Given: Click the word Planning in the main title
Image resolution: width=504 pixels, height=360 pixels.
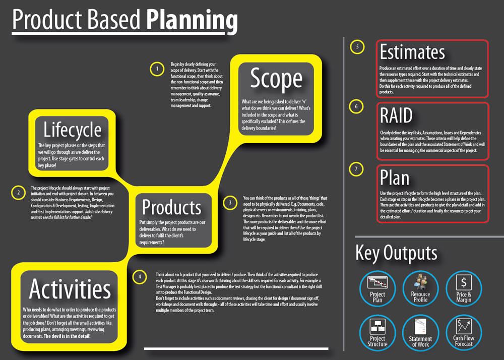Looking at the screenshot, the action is point(192,20).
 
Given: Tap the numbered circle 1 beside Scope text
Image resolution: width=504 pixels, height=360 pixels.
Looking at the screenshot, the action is point(157,69).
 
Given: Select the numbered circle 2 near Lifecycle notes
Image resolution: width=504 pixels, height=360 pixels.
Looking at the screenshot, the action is point(18,193).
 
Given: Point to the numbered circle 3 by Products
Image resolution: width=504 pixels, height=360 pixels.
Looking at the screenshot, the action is point(230,203).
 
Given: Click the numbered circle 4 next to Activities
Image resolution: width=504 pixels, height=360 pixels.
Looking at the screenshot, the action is point(140,277).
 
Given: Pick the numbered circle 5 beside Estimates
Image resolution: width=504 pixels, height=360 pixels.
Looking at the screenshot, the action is point(357,47).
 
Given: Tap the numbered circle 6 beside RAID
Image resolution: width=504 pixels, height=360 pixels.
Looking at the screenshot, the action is point(356,106).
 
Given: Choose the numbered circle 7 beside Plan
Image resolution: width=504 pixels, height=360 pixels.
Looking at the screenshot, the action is point(356,169).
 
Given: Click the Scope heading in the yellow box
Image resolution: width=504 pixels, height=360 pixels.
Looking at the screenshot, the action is point(276,79).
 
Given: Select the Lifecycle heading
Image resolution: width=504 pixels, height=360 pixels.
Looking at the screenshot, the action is point(72,130).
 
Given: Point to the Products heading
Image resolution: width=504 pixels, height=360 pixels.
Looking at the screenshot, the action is point(172,207).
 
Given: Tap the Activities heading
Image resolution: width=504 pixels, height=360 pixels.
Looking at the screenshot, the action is point(70,288).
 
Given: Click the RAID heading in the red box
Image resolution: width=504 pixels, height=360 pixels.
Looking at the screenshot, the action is point(396,115).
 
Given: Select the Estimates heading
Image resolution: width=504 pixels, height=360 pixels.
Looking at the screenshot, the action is point(412,52).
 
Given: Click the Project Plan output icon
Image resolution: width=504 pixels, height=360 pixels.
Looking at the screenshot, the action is point(377,288).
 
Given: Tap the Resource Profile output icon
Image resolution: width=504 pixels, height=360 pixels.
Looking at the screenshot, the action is point(420,288).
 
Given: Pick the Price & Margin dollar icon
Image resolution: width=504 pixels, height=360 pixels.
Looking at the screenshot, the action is point(464,288).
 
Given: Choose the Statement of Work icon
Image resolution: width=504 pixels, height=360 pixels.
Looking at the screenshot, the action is point(420,333).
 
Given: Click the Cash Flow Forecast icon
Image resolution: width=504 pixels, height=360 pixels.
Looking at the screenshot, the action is point(464,333).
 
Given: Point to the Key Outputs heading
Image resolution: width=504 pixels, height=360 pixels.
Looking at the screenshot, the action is point(396,253).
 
